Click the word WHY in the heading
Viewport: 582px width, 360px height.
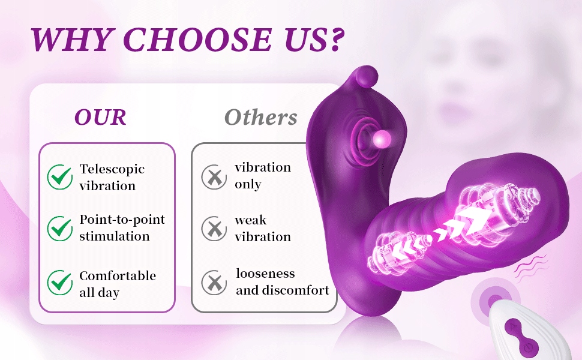point(71,40)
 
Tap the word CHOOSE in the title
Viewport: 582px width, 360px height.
point(197,40)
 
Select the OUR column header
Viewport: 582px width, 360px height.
point(100,117)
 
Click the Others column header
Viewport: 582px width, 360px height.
point(261,117)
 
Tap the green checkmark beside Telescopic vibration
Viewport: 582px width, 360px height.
point(60,176)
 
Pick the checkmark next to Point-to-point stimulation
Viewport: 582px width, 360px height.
point(60,228)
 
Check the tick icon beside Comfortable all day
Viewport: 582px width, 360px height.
point(60,283)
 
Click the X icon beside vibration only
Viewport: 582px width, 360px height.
point(214,177)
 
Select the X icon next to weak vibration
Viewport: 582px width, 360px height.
point(214,229)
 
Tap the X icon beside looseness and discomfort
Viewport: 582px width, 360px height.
point(214,283)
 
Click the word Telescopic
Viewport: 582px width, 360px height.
point(112,169)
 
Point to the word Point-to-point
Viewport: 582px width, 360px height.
point(122,220)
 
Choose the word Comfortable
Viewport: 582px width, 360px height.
point(118,275)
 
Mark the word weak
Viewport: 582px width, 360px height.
point(251,220)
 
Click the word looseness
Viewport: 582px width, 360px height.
point(265,274)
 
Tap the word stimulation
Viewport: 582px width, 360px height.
point(115,236)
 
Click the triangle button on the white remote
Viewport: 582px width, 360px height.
point(512,326)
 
